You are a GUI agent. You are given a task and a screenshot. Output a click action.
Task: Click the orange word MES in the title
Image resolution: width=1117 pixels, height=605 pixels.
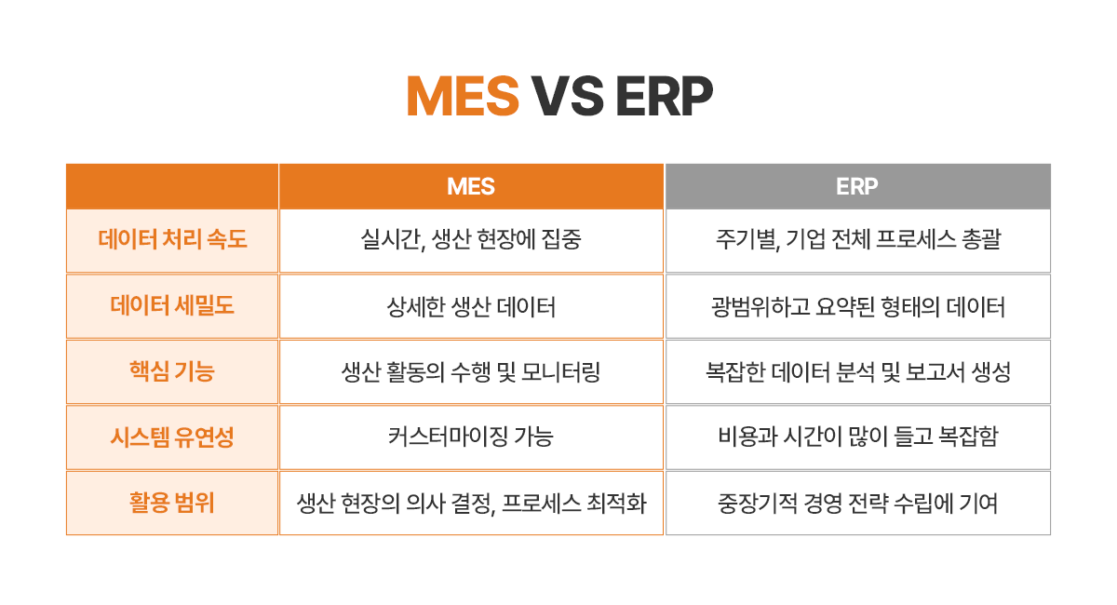click(463, 96)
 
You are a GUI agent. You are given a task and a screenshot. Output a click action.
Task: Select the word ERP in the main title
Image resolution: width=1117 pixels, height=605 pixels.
click(665, 96)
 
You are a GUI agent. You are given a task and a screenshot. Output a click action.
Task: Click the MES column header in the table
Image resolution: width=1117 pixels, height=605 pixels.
click(471, 186)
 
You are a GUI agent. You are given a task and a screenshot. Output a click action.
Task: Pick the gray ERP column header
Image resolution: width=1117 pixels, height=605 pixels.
click(857, 186)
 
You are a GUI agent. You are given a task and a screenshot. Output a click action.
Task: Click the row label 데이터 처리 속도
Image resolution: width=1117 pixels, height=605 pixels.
click(172, 239)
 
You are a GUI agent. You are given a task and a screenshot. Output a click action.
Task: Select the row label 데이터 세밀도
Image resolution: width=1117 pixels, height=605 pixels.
click(172, 304)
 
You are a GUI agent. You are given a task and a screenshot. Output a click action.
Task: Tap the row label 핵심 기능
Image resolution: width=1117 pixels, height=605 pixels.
click(172, 370)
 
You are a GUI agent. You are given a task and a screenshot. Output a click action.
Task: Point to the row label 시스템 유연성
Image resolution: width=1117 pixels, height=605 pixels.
click(172, 437)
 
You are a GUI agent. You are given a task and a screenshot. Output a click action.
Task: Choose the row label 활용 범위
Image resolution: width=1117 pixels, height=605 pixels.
click(172, 503)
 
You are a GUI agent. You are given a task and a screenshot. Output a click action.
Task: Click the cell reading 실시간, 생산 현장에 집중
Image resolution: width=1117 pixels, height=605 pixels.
click(471, 239)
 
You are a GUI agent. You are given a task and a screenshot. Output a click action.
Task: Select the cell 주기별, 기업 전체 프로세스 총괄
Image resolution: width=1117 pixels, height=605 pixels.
click(857, 239)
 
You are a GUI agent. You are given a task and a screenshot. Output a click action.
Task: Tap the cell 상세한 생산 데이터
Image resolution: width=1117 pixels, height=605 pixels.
click(471, 306)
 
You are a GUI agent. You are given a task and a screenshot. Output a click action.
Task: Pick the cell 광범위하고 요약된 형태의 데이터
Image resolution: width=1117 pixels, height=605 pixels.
click(857, 306)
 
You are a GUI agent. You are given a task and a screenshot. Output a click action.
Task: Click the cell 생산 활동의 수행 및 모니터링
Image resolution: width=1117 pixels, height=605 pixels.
click(471, 372)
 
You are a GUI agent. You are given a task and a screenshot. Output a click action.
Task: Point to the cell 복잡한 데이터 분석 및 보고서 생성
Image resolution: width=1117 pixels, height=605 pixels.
click(857, 372)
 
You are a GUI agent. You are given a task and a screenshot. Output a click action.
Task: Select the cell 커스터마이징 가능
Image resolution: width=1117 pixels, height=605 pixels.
click(471, 437)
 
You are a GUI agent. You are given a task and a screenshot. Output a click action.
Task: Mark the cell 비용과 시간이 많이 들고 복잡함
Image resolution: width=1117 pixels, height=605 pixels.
click(857, 437)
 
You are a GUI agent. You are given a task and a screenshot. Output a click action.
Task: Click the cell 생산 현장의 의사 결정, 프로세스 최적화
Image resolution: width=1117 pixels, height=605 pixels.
click(471, 504)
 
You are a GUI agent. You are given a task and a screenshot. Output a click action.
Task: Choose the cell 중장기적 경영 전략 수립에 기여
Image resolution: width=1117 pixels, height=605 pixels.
click(857, 504)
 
